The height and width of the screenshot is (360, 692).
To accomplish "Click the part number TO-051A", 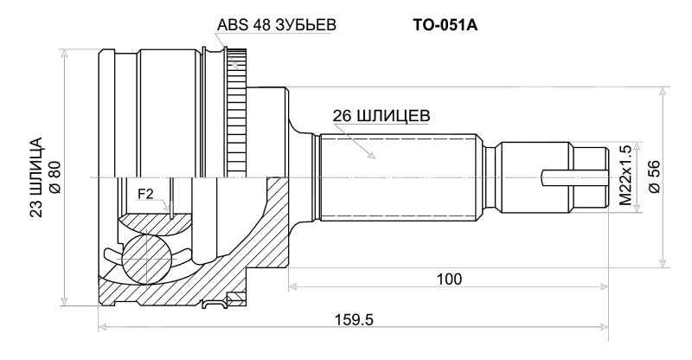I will click(x=445, y=26).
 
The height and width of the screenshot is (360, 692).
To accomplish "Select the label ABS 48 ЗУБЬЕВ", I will click(x=276, y=26).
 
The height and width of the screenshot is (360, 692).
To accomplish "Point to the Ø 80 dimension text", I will click(x=54, y=177).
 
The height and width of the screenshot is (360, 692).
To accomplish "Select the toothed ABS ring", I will click(x=236, y=112).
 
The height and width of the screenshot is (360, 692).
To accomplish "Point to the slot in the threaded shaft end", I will click(x=571, y=177).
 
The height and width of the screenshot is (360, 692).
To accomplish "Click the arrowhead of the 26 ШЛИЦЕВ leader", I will click(x=373, y=159).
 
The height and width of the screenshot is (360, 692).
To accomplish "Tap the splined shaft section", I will click(x=398, y=177).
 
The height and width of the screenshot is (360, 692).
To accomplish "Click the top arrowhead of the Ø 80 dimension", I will click(x=65, y=50).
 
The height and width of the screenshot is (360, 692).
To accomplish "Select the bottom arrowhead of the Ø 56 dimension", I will click(x=663, y=266).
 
